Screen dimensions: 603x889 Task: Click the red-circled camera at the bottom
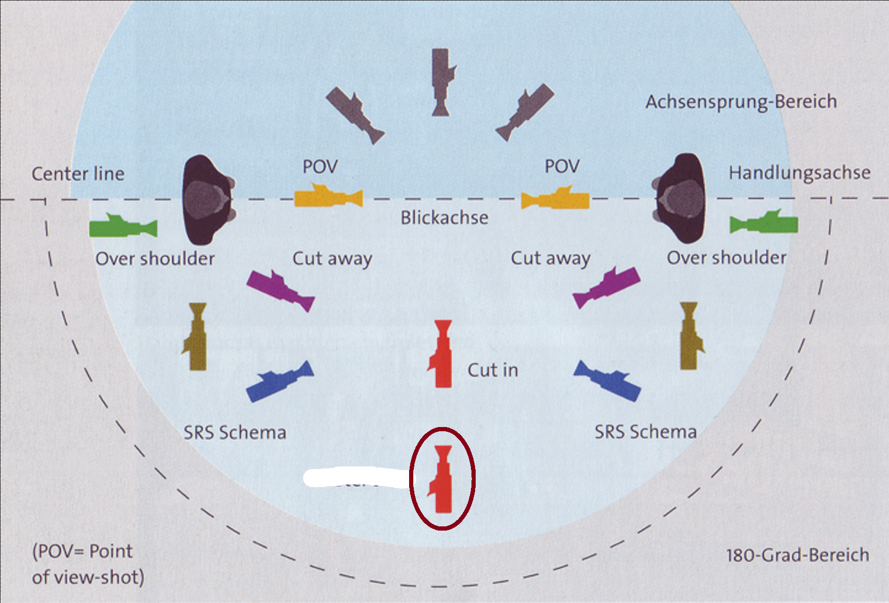point(442,479)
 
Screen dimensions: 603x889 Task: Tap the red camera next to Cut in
point(441,354)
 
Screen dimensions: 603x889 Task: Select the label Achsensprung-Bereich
point(741,101)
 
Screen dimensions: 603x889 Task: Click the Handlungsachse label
point(799,173)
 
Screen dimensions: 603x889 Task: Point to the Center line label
point(78,174)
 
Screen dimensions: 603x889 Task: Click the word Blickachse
point(444,218)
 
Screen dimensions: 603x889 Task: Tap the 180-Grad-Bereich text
point(797,555)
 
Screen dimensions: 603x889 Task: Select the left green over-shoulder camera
point(123,227)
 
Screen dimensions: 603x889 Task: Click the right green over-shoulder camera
point(764,224)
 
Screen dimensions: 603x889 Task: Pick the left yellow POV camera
point(328,198)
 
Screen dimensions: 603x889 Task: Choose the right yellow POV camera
point(555,200)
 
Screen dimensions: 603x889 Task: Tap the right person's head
point(681,198)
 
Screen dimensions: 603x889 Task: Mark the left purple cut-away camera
point(280,290)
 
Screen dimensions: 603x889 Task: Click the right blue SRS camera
point(608,381)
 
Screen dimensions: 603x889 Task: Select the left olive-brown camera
point(197,337)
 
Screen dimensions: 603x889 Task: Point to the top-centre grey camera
point(442,82)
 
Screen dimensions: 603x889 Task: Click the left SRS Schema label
point(235,433)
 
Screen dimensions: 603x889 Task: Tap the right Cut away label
point(550,258)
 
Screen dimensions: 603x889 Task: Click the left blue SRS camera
point(280,382)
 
